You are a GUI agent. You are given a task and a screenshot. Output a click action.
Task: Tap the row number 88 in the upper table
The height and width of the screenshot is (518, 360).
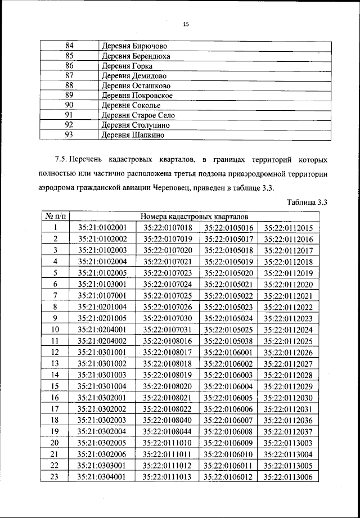coord(70,85)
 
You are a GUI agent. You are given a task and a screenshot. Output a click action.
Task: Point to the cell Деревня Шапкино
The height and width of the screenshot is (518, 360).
coord(133,135)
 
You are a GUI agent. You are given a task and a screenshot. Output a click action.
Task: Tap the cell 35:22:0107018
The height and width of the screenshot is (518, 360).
coord(168,228)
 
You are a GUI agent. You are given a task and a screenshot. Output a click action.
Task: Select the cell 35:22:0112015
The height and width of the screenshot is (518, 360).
coord(289,228)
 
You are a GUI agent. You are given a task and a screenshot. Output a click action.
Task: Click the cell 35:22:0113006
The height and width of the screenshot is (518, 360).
coord(289,478)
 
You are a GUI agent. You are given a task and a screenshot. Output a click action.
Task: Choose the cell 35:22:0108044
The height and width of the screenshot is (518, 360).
coord(168,432)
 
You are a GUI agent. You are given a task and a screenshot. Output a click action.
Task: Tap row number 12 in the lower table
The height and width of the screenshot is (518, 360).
coord(56,353)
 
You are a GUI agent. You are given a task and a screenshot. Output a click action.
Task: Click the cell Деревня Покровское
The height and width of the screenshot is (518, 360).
coord(136,96)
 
